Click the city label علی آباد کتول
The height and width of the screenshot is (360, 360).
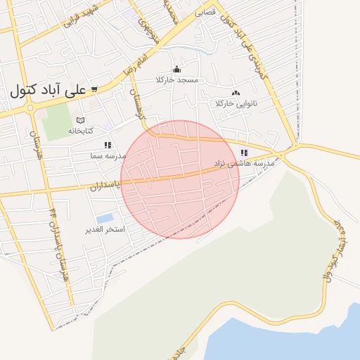49,91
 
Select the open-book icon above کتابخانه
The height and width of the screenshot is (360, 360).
80,120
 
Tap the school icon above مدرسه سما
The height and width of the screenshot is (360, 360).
108,145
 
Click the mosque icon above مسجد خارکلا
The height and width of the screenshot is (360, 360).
176,69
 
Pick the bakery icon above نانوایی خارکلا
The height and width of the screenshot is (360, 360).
236,92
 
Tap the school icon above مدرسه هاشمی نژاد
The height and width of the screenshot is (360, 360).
244,153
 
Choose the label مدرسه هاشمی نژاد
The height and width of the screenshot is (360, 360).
243,163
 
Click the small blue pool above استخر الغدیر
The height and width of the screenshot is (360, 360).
104,219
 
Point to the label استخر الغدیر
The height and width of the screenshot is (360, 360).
105,230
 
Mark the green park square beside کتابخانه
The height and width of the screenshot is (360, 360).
56,122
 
